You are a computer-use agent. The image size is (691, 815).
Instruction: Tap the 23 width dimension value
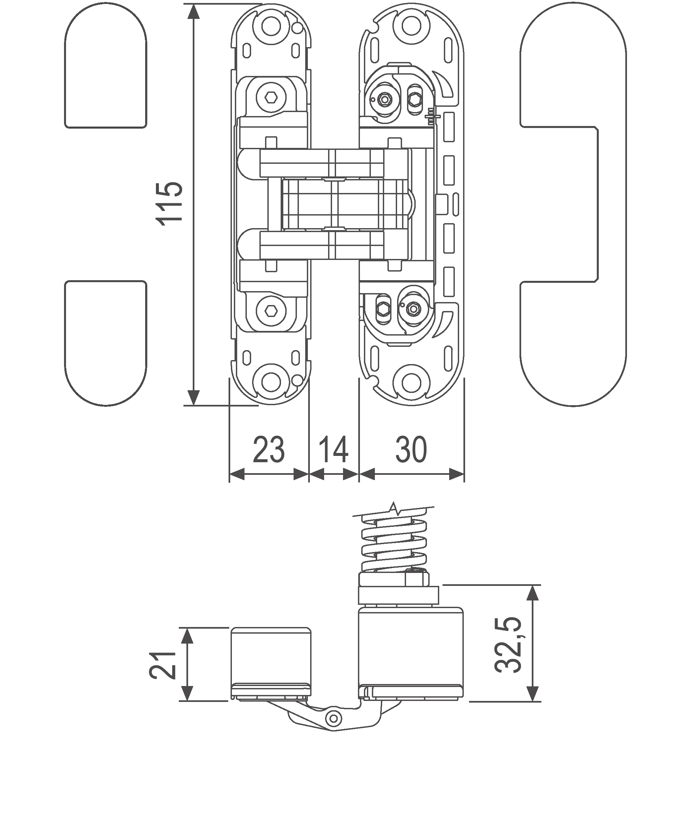click(x=269, y=450)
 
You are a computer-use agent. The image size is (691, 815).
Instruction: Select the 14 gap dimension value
click(x=333, y=450)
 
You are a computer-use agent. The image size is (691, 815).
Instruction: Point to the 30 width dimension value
click(x=411, y=450)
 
